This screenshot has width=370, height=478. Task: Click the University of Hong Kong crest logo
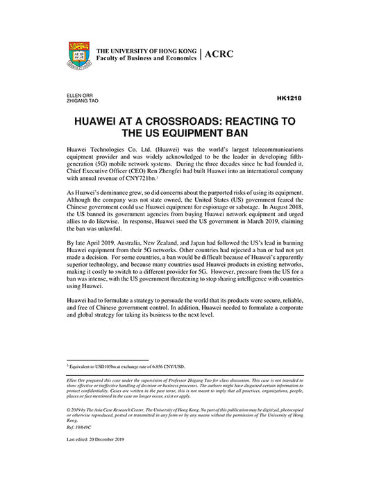[80, 55]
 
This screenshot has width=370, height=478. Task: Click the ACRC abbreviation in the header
[219, 55]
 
